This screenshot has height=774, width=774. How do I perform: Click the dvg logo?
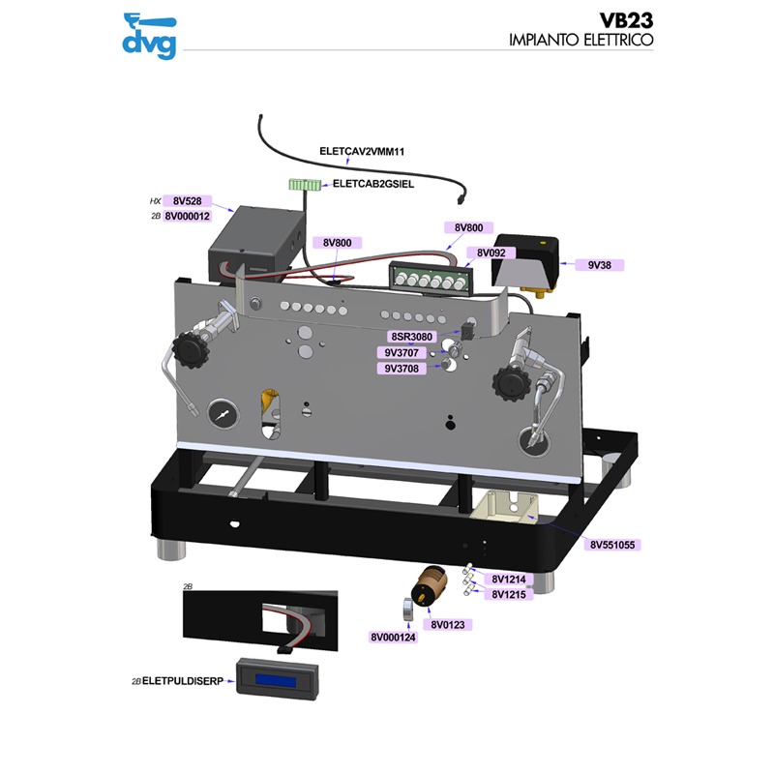click(x=149, y=35)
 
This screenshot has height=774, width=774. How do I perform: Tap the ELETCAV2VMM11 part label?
click(x=361, y=151)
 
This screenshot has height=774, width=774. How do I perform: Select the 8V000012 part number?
click(x=187, y=217)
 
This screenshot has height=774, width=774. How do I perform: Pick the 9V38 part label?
click(x=606, y=264)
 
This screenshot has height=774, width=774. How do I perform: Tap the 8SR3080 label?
click(x=411, y=337)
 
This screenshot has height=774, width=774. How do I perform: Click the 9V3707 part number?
click(x=403, y=353)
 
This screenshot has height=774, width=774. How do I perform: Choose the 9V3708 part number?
click(x=403, y=369)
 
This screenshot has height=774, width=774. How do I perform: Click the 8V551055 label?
click(x=611, y=545)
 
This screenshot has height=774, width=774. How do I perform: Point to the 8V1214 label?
click(x=508, y=580)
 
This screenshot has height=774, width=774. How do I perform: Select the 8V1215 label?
click(x=508, y=595)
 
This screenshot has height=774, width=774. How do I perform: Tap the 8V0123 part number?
click(x=448, y=625)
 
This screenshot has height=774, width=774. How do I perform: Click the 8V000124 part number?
click(x=393, y=639)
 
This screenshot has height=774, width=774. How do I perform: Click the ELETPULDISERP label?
click(x=183, y=681)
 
